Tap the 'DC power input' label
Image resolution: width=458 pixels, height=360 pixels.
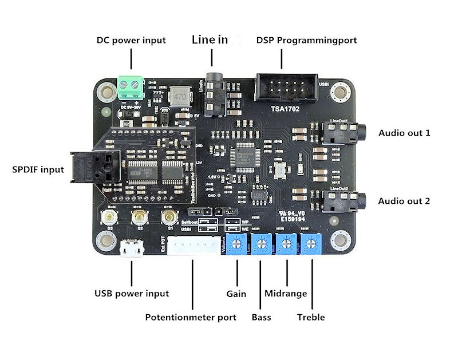click(x=131, y=40)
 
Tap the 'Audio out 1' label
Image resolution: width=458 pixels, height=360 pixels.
click(x=404, y=133)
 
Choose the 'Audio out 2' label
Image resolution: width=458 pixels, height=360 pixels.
click(x=404, y=201)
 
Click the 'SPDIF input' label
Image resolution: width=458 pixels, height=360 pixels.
click(x=38, y=170)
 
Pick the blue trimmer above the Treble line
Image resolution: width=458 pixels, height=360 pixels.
click(x=311, y=245)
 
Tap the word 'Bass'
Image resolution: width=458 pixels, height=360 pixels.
click(x=262, y=317)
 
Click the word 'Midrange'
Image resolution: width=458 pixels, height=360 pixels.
click(x=286, y=294)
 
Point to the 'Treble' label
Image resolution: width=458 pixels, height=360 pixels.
click(x=311, y=317)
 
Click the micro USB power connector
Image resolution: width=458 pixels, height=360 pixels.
click(x=132, y=248)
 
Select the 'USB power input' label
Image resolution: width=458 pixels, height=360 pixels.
click(x=131, y=294)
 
